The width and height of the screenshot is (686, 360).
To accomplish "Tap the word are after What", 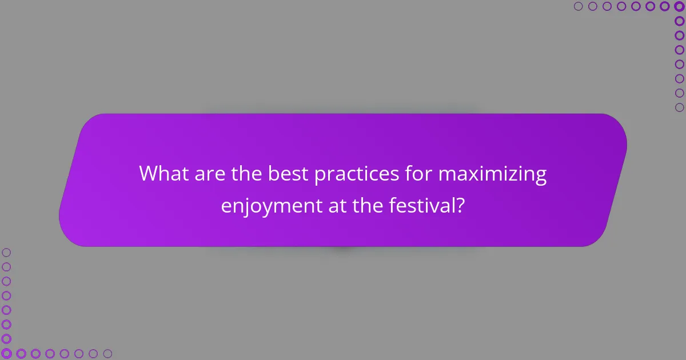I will [x=209, y=174].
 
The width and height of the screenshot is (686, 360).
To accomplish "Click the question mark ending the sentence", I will [x=459, y=205].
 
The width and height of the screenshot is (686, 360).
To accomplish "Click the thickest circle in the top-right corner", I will [x=679, y=6].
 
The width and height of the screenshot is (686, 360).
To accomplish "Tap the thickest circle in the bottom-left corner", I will [x=6, y=354].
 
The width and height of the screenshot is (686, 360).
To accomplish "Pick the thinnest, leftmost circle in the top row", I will [x=578, y=6].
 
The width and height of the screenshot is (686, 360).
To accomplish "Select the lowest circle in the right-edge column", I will [x=679, y=107].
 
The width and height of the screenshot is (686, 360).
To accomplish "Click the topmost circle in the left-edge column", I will [x=6, y=252].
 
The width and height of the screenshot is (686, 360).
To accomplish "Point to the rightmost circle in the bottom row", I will [x=107, y=354].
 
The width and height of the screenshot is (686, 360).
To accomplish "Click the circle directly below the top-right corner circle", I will [x=679, y=21].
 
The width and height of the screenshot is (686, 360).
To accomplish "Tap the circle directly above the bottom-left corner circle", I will [x=6, y=339].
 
